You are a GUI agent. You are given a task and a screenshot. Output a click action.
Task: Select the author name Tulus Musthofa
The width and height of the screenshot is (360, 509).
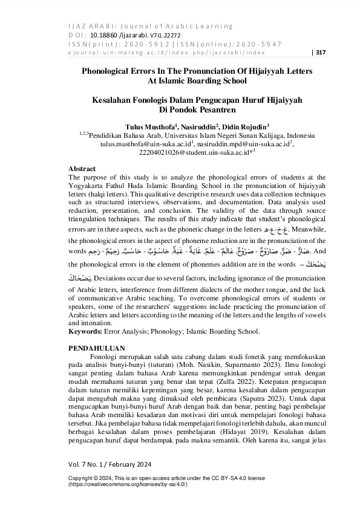[x=147, y=127]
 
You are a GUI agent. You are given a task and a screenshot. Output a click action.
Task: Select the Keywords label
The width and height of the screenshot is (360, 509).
[x=85, y=331]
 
